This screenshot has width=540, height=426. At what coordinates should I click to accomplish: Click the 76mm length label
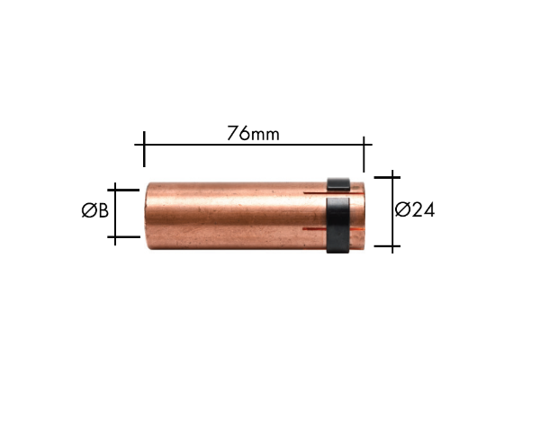pos(253,133)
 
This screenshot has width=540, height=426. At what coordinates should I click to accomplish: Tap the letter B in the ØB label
pos(103,210)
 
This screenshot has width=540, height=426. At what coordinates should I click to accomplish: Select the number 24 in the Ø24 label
pos(423,209)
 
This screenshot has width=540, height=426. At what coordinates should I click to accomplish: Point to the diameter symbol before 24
pos(402,209)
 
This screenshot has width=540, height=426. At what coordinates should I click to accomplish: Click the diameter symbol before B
pos(89,210)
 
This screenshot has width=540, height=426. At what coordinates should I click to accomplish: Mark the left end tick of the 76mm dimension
pos(144,149)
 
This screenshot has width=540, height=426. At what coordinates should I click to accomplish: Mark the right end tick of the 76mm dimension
pos(364,154)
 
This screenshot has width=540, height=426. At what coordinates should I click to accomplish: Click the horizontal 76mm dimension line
pos(253,145)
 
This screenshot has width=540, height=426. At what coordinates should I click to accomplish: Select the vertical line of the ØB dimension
pos(115,214)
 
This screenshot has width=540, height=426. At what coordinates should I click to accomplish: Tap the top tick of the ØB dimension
pos(123,190)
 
